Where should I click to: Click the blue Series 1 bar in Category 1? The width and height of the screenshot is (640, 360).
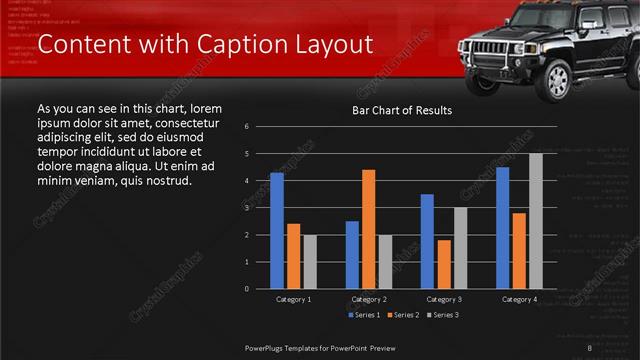(277, 230)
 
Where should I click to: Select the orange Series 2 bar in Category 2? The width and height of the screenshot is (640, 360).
(368, 228)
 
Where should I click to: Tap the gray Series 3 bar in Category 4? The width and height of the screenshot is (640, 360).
(535, 220)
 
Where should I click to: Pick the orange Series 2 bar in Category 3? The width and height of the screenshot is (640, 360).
(444, 263)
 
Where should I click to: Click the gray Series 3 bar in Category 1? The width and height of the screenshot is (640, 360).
(309, 261)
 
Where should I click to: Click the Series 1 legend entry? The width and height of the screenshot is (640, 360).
(363, 315)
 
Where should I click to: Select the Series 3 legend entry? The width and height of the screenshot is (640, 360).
(443, 315)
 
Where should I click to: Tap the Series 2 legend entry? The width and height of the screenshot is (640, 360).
(403, 315)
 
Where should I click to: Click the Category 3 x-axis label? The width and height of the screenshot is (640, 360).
(443, 299)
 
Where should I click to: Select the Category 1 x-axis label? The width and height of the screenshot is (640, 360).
(293, 299)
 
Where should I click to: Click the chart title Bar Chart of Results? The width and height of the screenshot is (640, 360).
(402, 110)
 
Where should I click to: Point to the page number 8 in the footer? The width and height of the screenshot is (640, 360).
(590, 347)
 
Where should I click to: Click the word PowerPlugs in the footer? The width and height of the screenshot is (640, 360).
(268, 347)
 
